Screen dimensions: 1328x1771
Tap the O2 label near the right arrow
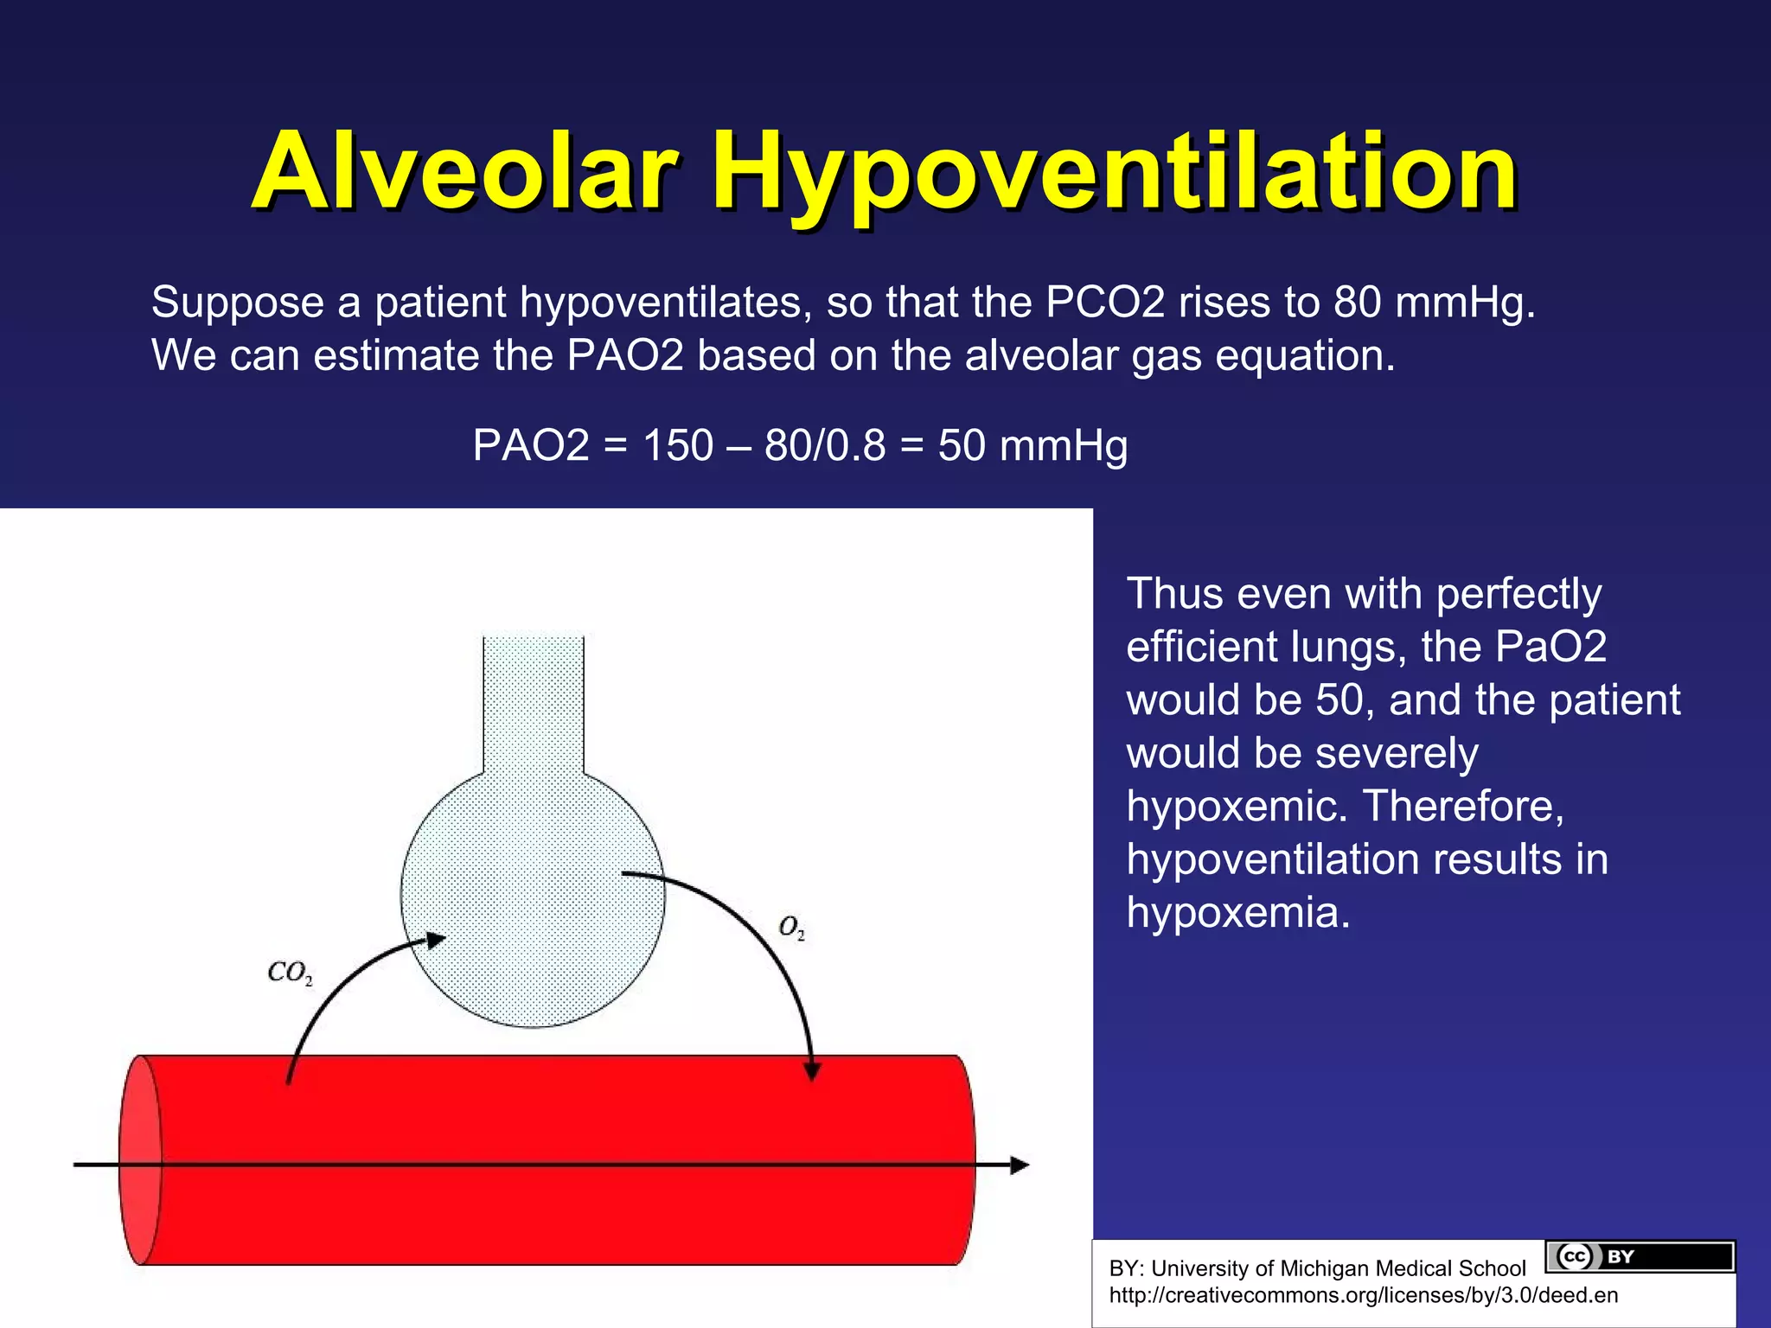[791, 928]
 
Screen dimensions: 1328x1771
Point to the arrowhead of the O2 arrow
[812, 1069]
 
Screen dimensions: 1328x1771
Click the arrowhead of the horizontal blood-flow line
[1020, 1165]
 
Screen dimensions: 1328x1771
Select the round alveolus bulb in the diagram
[533, 899]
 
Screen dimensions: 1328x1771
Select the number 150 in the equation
[678, 446]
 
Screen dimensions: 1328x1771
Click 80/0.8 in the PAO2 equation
[825, 446]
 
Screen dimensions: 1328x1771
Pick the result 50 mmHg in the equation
[1033, 446]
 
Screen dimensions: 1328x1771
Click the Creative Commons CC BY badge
[1640, 1256]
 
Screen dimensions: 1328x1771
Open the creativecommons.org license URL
[1363, 1295]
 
